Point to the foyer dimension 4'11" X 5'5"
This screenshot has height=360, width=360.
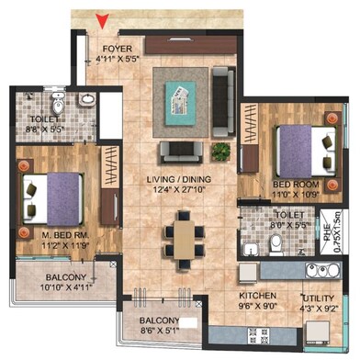point(117,59)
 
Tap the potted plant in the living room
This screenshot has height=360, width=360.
point(219,149)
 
